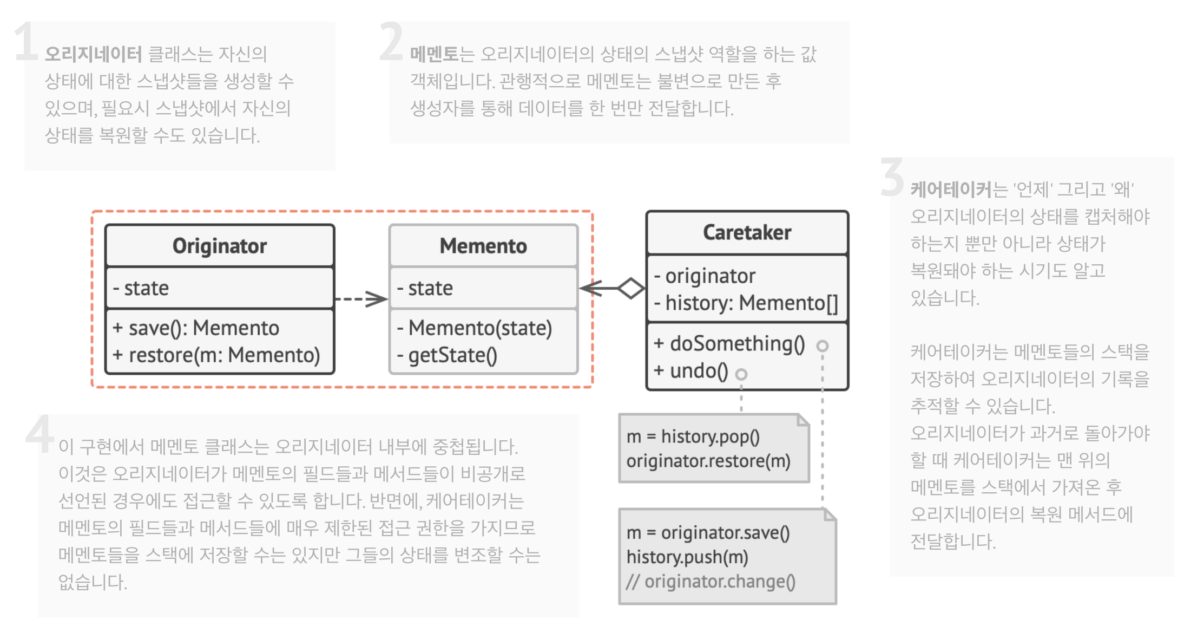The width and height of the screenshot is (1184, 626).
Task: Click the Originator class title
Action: coord(219,246)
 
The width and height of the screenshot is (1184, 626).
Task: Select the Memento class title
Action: coord(483,246)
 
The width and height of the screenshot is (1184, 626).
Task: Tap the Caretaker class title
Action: coord(747,233)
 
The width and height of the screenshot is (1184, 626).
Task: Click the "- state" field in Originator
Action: coord(141,288)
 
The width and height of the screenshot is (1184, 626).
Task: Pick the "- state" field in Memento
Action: coord(425,288)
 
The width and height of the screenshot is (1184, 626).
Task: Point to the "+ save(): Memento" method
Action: coord(196,328)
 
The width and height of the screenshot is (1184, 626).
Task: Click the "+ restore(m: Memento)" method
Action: coord(216,355)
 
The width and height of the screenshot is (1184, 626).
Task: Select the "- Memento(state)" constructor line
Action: coord(475,328)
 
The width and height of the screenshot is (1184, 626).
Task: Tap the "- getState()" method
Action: coord(447,355)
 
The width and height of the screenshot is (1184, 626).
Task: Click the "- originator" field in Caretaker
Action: coord(705,276)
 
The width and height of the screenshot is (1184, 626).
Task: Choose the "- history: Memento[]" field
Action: coord(746,303)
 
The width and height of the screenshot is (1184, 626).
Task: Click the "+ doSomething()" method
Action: coord(729,344)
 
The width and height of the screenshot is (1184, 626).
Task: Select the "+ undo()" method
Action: coord(691,371)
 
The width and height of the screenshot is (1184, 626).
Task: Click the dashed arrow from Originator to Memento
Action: coord(361,298)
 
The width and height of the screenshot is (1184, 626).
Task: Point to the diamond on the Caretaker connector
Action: coord(631,288)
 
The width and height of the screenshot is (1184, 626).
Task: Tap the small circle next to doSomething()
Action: coord(823,345)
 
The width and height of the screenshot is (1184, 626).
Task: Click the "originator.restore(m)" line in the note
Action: coord(708,461)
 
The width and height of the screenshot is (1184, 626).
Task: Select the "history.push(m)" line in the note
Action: coord(687,557)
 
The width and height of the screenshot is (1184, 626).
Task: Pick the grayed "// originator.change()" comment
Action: coord(711,581)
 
